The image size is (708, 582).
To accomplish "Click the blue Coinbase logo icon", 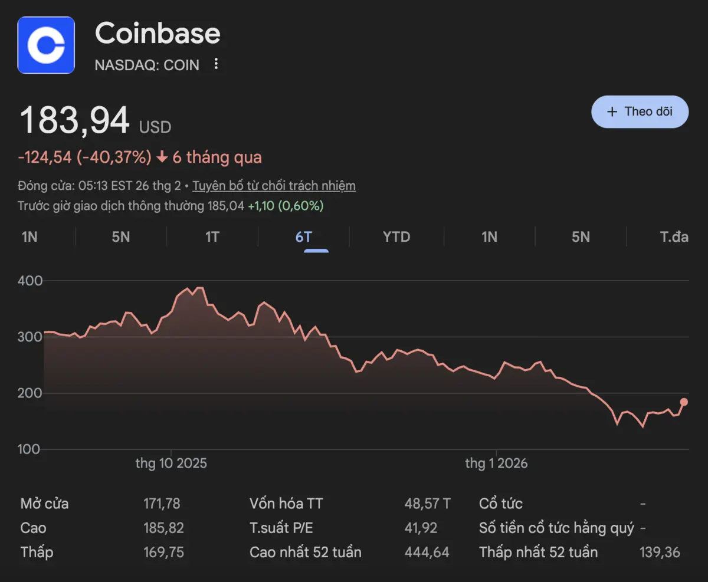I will (x=46, y=45).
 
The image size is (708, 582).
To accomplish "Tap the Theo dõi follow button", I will (x=640, y=111).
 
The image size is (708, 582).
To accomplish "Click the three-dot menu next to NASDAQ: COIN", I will (x=216, y=64).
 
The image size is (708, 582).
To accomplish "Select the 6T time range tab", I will (x=303, y=237).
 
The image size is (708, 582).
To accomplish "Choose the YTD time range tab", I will (x=396, y=237).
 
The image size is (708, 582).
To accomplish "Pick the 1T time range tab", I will (x=212, y=237).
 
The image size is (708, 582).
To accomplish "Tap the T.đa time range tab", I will (x=674, y=237).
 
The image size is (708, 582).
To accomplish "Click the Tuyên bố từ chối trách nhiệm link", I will (x=274, y=186).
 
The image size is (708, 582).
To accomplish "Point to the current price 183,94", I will (x=75, y=121).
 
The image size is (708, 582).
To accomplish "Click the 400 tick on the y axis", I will (x=31, y=281).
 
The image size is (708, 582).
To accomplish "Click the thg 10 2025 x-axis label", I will (x=171, y=463).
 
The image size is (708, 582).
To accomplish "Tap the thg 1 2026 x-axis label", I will (x=496, y=463).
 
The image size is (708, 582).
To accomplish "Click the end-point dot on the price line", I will (x=684, y=402).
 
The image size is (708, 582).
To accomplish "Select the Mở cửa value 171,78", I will (x=162, y=504).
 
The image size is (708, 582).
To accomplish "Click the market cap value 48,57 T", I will (x=427, y=504).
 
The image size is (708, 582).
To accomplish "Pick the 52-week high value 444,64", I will (x=427, y=553).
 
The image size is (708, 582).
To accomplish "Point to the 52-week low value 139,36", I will (x=660, y=553).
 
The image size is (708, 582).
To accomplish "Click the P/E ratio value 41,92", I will (x=421, y=528).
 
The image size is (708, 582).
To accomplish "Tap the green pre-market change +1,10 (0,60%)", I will (x=286, y=206).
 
